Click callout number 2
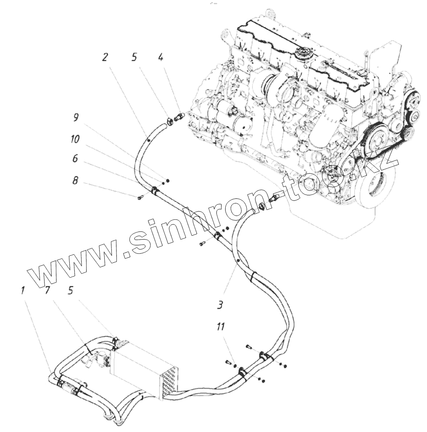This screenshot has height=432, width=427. tap(105, 57)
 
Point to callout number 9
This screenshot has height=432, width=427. tap(76, 117)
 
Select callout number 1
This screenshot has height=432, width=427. tap(22, 290)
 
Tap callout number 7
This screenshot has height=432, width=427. tap(47, 290)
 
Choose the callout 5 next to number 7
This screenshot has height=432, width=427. tap(71, 290)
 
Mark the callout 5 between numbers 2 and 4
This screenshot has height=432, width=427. tap(134, 57)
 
